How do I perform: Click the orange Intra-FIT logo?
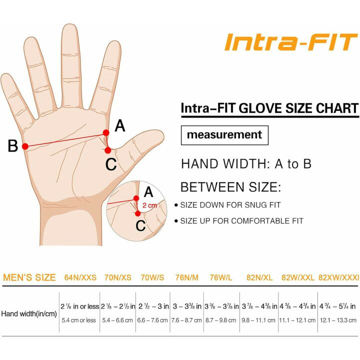tap(290, 42)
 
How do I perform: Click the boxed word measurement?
tap(224, 135)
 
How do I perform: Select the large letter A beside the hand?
tap(120, 126)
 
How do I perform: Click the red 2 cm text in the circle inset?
tap(149, 205)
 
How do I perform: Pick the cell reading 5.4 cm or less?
tap(79, 320)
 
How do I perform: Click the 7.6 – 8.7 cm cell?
tap(186, 320)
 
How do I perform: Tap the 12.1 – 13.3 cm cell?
tap(338, 320)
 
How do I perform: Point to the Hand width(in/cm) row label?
tap(28, 313)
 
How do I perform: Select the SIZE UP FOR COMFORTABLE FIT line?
tap(241, 221)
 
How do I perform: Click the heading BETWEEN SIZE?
tap(230, 187)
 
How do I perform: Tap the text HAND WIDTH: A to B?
tap(246, 164)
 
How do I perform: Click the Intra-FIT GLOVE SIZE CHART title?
tap(269, 108)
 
